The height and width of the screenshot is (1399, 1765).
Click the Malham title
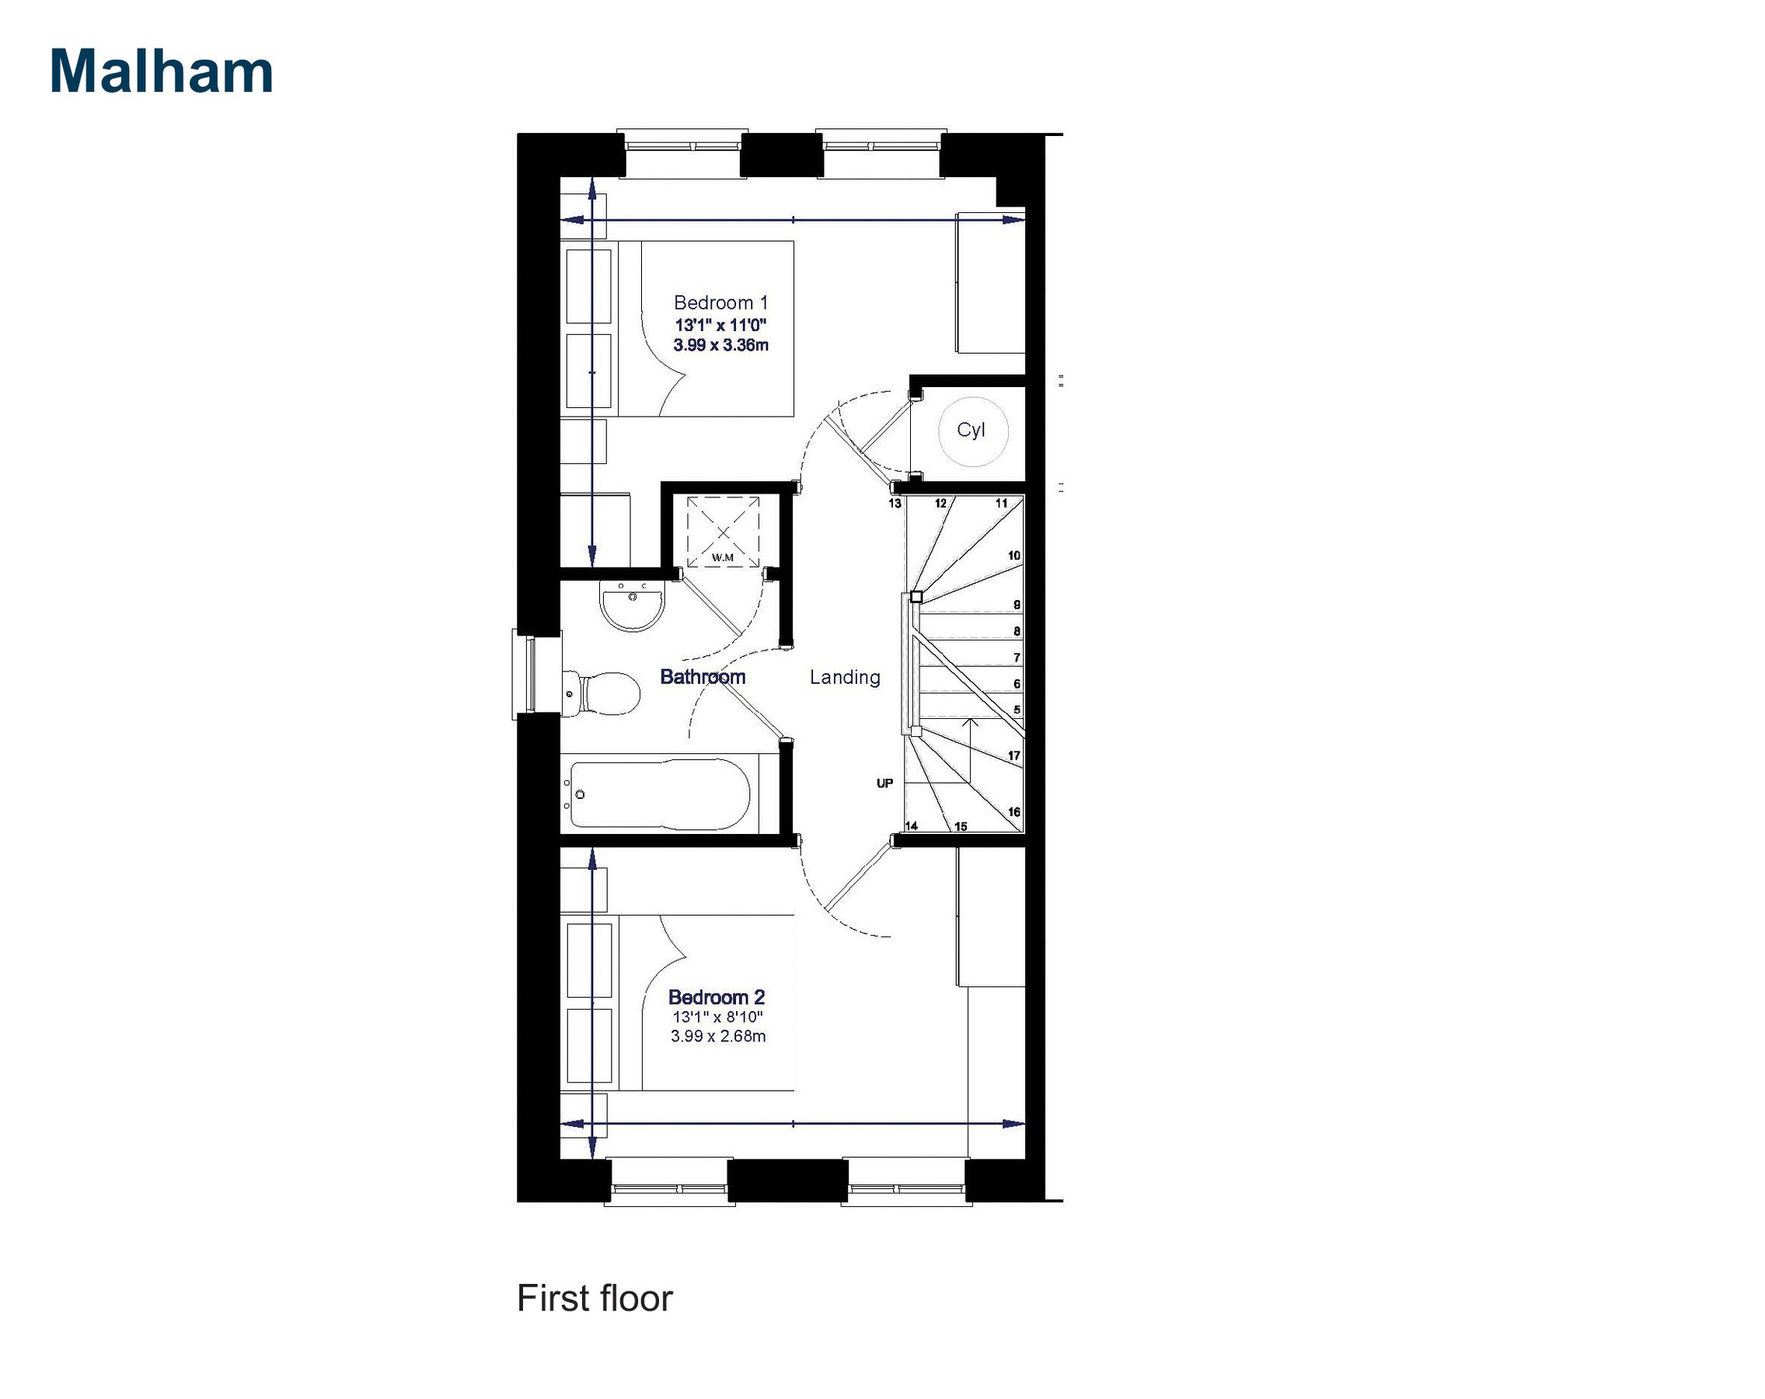pyautogui.click(x=162, y=72)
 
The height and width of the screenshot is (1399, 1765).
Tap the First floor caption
pyautogui.click(x=595, y=1297)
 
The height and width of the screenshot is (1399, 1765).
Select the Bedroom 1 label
pyautogui.click(x=720, y=303)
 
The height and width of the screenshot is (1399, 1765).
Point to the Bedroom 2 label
pyautogui.click(x=717, y=997)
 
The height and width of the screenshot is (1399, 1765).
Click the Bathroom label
pyautogui.click(x=703, y=677)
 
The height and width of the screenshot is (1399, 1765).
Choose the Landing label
pyautogui.click(x=845, y=677)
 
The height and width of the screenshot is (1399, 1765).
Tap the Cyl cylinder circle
pyautogui.click(x=971, y=431)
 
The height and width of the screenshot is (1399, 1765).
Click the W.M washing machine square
pyautogui.click(x=723, y=532)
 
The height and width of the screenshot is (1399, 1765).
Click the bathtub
pyautogui.click(x=659, y=794)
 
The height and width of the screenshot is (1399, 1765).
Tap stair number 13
pyautogui.click(x=895, y=504)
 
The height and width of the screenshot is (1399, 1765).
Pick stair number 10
pyautogui.click(x=1013, y=556)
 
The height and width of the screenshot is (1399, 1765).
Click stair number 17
pyautogui.click(x=1013, y=755)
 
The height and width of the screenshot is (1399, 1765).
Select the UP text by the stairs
pyautogui.click(x=885, y=783)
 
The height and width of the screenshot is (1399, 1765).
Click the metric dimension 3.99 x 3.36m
pyautogui.click(x=720, y=345)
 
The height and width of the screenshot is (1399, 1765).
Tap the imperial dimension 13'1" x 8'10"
pyautogui.click(x=718, y=1017)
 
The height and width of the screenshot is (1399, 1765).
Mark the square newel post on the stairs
pyautogui.click(x=917, y=597)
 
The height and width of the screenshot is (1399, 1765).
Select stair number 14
pyautogui.click(x=911, y=826)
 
